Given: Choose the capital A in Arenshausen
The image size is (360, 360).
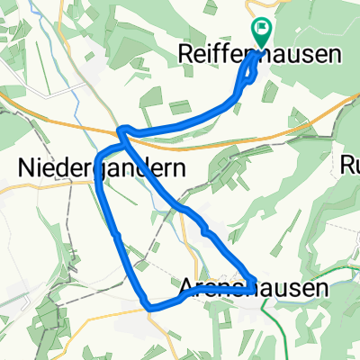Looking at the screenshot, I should tap(187, 288).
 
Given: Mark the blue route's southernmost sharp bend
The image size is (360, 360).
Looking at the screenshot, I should tap(148, 307).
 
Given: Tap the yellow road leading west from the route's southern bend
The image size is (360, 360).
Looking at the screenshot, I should tap(108, 312).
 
